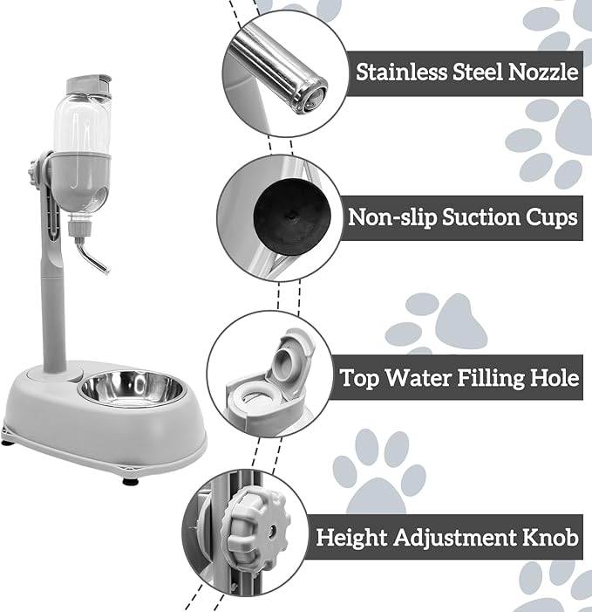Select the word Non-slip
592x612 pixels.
(389, 217)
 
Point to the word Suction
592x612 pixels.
(483, 217)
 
